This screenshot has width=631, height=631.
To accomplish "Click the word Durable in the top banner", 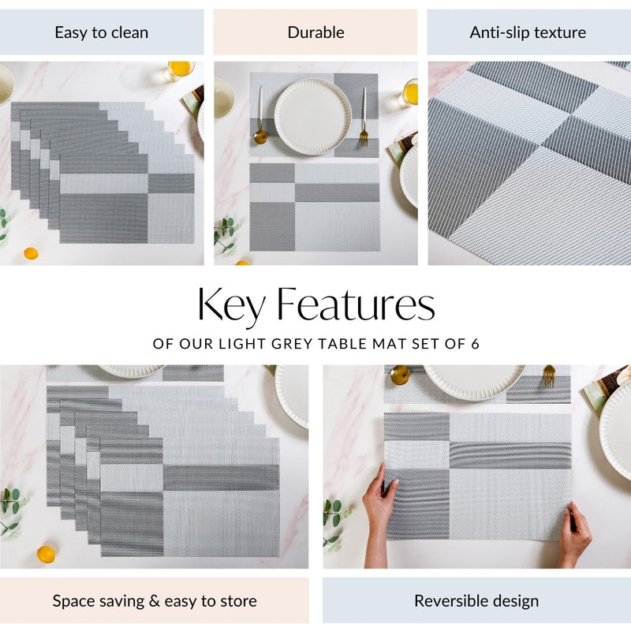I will (315, 32).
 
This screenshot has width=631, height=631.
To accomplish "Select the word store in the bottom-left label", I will (236, 601).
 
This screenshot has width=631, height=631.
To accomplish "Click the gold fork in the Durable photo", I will (364, 118).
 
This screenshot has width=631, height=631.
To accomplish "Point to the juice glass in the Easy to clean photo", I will (180, 69).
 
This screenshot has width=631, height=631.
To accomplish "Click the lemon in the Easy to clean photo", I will (31, 253).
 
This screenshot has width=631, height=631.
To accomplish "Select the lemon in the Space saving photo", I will (47, 554).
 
